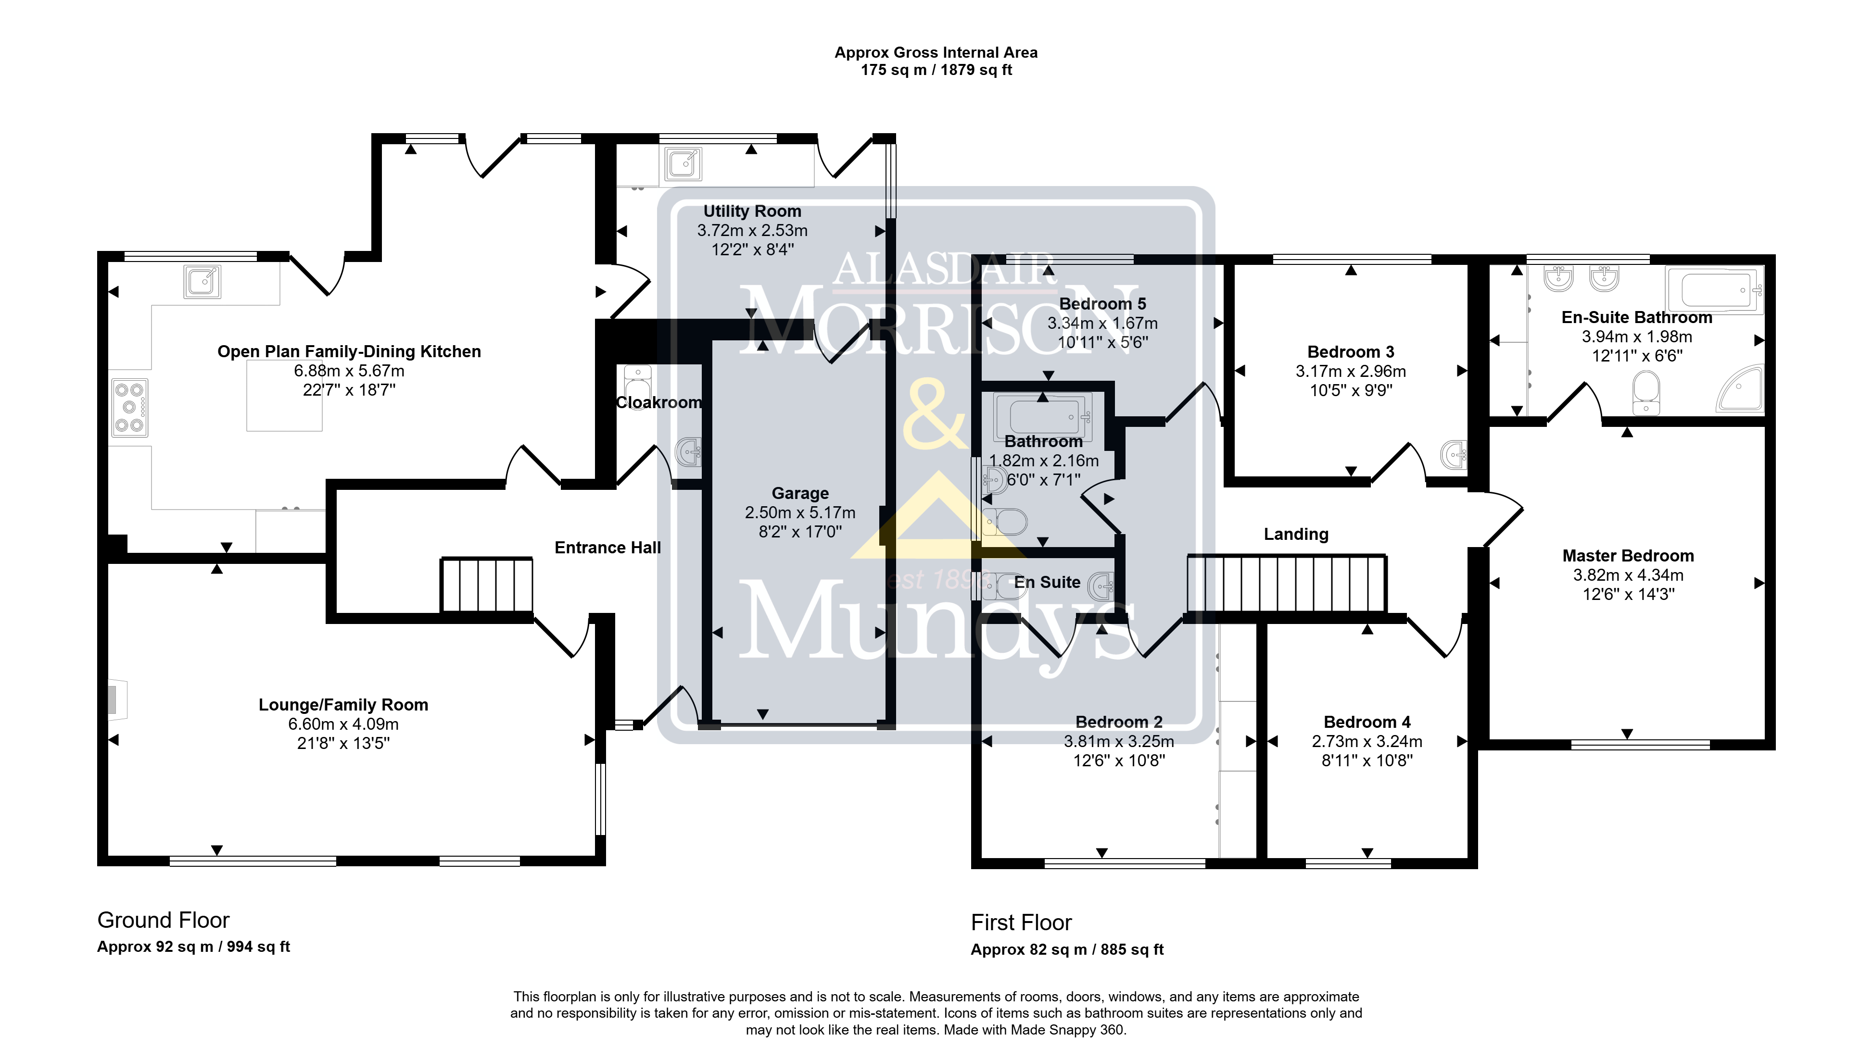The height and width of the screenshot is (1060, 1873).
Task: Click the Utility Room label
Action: tap(752, 211)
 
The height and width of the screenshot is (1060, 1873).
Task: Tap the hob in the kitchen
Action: tap(129, 408)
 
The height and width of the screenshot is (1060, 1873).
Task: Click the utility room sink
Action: tap(683, 164)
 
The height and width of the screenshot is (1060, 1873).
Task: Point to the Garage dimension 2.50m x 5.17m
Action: tap(799, 512)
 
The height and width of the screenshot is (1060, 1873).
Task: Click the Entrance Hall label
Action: tap(608, 548)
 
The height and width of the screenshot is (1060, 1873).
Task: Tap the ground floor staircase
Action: tap(486, 585)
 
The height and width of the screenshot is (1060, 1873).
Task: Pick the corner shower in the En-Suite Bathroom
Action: tap(1742, 387)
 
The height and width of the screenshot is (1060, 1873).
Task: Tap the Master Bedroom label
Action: tap(1628, 556)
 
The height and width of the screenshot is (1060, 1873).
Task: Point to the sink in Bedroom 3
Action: tap(1455, 456)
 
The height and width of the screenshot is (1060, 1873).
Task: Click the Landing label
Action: tap(1296, 535)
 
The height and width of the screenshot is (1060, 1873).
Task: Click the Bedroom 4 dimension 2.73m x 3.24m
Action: tap(1367, 741)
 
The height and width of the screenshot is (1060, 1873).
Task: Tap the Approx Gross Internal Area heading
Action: tap(936, 52)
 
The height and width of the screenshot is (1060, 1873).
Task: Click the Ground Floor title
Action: tap(164, 920)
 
